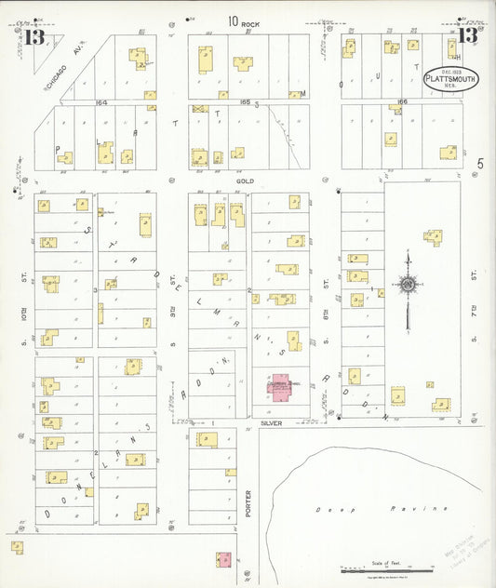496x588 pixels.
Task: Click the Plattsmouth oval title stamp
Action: coord(452,79)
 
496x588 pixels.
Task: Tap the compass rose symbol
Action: coord(407,285)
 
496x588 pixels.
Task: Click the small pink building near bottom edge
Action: coord(223,559)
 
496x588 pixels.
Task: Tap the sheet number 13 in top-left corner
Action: coord(35,38)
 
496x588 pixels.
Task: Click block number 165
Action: coord(245,103)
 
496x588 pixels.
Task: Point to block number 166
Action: coord(402,103)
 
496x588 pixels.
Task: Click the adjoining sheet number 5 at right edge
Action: coord(481,164)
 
